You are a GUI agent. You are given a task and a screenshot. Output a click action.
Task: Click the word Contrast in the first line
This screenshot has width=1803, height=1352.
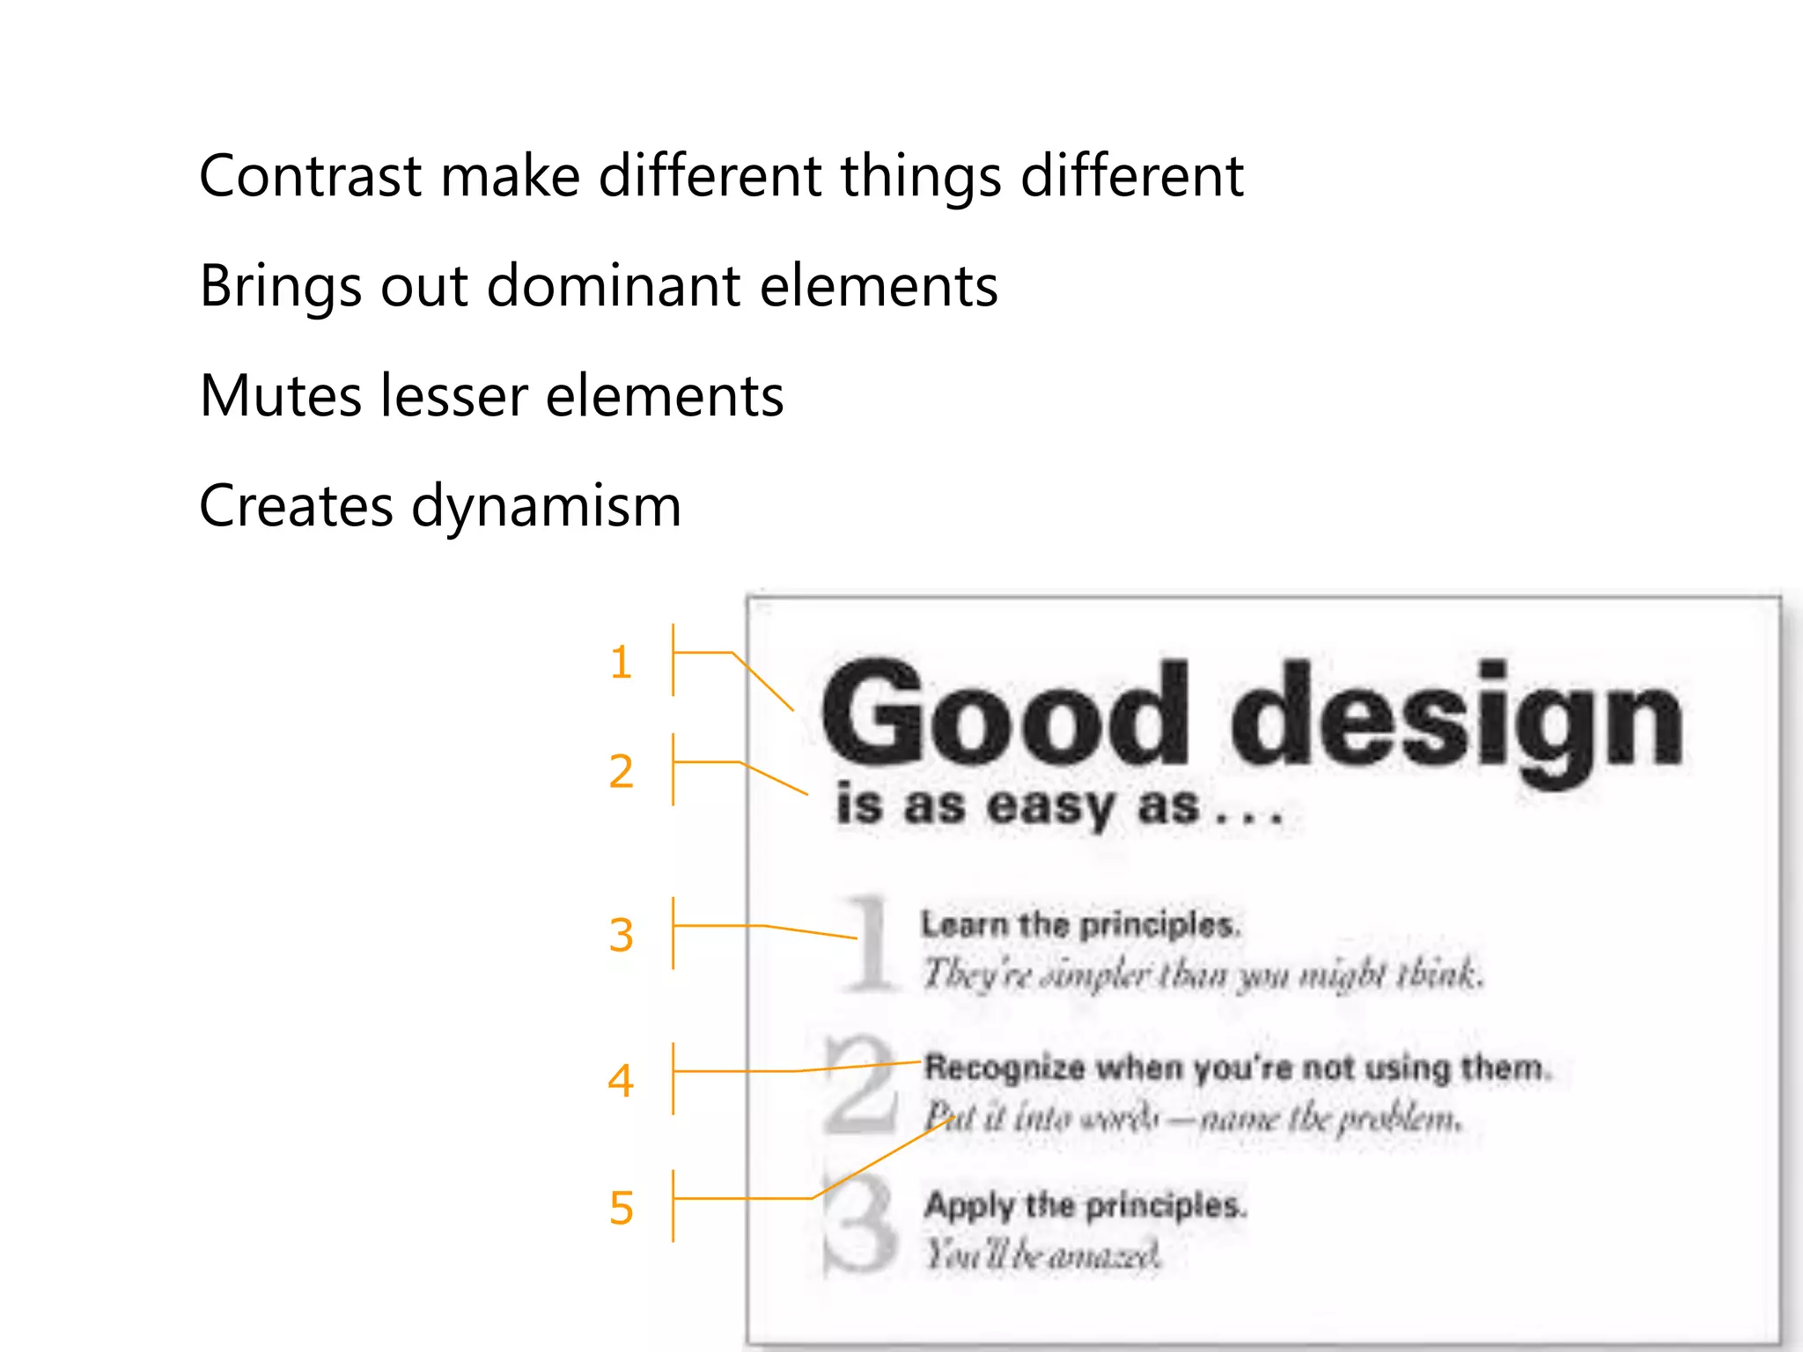310,176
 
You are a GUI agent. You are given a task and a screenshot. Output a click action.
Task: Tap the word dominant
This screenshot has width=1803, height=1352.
613,286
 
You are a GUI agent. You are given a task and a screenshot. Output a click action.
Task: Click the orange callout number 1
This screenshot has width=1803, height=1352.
621,662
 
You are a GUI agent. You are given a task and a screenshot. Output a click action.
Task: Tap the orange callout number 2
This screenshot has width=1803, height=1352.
621,771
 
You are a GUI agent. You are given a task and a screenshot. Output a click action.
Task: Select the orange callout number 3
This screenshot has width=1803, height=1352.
621,935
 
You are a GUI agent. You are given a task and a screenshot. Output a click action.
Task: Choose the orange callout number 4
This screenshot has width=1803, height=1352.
621,1080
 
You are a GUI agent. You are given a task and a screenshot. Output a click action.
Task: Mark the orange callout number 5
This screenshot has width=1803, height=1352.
621,1208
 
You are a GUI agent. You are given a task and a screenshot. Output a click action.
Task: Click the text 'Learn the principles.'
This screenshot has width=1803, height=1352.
1081,924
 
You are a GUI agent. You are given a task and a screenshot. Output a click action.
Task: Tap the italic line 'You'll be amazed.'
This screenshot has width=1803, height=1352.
1042,1253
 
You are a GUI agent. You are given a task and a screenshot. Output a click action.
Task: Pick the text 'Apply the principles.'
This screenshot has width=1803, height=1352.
1085,1204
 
